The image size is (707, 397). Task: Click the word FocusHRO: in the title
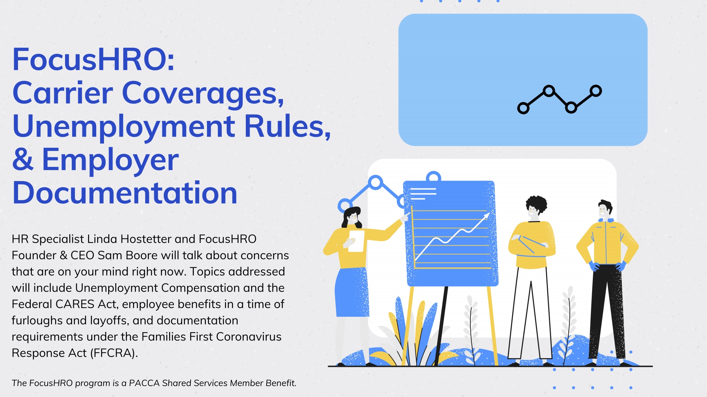pos(93,59)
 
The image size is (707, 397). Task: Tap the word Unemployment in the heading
pos(124,127)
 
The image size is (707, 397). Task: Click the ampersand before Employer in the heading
pos(23,159)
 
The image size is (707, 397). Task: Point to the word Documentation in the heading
pos(125,193)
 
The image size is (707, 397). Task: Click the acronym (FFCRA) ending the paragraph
pos(114,353)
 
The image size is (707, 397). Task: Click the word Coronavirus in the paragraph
pos(249,337)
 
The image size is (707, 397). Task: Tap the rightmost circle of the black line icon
pos(596,91)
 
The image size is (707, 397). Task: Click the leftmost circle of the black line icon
pos(523,108)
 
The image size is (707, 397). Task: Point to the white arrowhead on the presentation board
pos(487,215)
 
